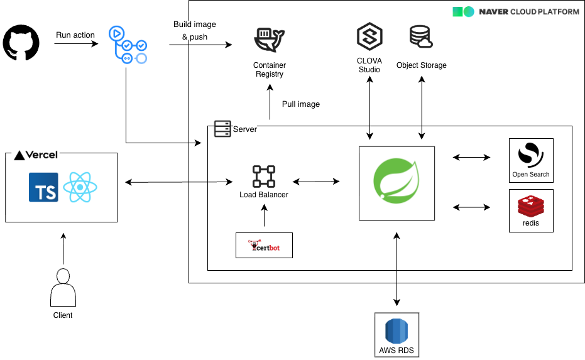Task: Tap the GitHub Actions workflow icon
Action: click(x=128, y=45)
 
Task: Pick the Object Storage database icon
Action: click(x=421, y=37)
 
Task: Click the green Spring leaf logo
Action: click(x=396, y=183)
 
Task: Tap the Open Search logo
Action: click(x=530, y=155)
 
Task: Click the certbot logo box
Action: click(x=264, y=245)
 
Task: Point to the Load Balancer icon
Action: click(x=264, y=177)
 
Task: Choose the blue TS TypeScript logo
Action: click(x=43, y=187)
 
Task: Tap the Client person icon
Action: click(x=62, y=287)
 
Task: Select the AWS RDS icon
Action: click(x=396, y=330)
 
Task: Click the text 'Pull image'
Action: click(x=301, y=104)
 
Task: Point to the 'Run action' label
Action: click(x=75, y=35)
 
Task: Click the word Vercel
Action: click(x=41, y=155)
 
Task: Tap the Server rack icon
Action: click(x=222, y=129)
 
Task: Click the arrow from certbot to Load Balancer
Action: click(x=264, y=217)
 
